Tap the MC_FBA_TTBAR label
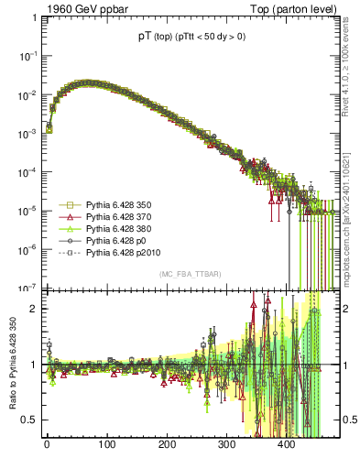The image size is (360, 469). coord(188,275)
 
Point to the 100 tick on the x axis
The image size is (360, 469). coord(107,445)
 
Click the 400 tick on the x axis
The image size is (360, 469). coord(287,445)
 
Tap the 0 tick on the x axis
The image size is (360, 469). coord(47,445)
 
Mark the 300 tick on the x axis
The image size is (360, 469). coord(226,445)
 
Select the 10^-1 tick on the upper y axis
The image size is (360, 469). coord(27,57)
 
